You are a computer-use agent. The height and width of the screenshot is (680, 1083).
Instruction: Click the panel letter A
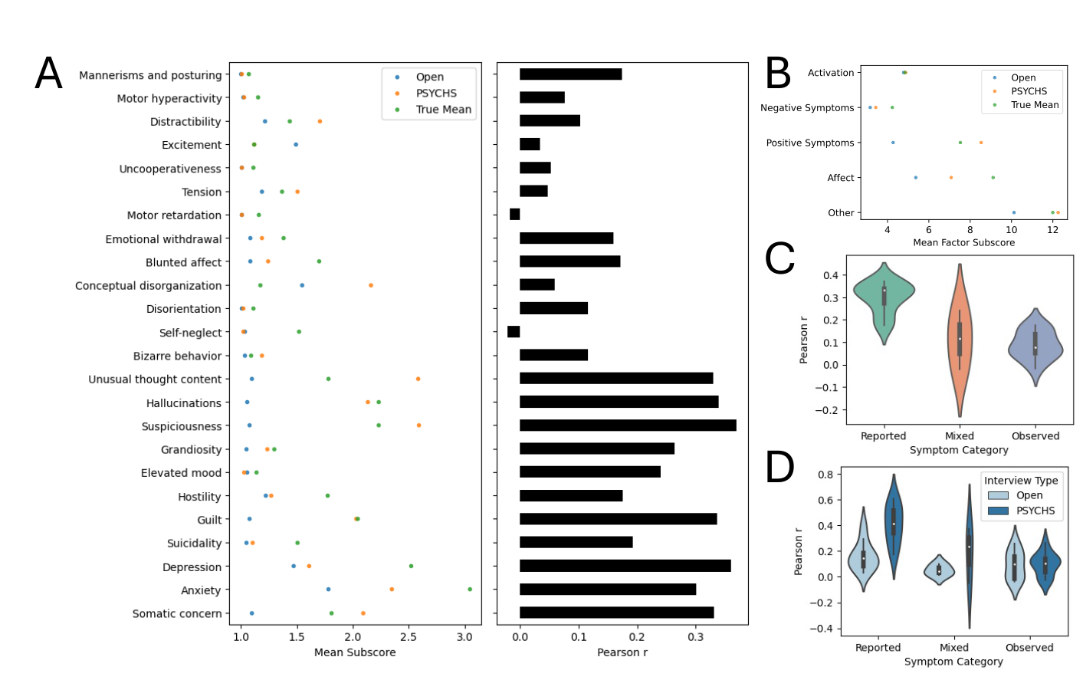pyautogui.click(x=48, y=74)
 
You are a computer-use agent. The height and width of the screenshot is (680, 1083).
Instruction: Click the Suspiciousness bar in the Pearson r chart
pyautogui.click(x=627, y=425)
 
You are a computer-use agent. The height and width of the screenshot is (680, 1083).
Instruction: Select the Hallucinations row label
pyautogui.click(x=183, y=403)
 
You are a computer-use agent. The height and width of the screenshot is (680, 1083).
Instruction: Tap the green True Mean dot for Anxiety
pyautogui.click(x=469, y=590)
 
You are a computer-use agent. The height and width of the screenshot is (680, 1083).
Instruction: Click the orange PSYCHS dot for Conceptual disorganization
pyautogui.click(x=371, y=285)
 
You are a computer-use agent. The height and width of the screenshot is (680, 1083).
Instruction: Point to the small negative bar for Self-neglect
pyautogui.click(x=514, y=332)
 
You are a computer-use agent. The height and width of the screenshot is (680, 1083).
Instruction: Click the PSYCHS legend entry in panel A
pyautogui.click(x=435, y=93)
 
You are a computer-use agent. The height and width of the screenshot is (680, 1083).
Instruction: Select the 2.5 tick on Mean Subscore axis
pyautogui.click(x=409, y=637)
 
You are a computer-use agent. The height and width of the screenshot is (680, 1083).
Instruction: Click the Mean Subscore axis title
pyautogui.click(x=355, y=652)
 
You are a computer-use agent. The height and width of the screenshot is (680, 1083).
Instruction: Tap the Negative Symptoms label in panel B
pyautogui.click(x=806, y=108)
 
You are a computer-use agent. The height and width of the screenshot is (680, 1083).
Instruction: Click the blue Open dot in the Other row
pyautogui.click(x=1013, y=212)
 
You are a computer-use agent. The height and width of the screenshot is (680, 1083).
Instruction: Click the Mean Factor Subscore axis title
pyautogui.click(x=963, y=242)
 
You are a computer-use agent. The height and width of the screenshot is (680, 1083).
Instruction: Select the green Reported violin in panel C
pyautogui.click(x=884, y=299)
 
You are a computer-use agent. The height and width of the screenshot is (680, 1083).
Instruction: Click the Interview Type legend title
pyautogui.click(x=1021, y=481)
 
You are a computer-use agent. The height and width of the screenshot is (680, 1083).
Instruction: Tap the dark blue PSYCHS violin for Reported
pyautogui.click(x=893, y=521)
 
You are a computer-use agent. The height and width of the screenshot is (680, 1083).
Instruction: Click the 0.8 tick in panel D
pyautogui.click(x=825, y=475)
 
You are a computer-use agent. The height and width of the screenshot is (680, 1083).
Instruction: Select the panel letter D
pyautogui.click(x=779, y=467)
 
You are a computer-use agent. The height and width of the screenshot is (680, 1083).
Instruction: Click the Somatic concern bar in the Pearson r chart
pyautogui.click(x=616, y=613)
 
